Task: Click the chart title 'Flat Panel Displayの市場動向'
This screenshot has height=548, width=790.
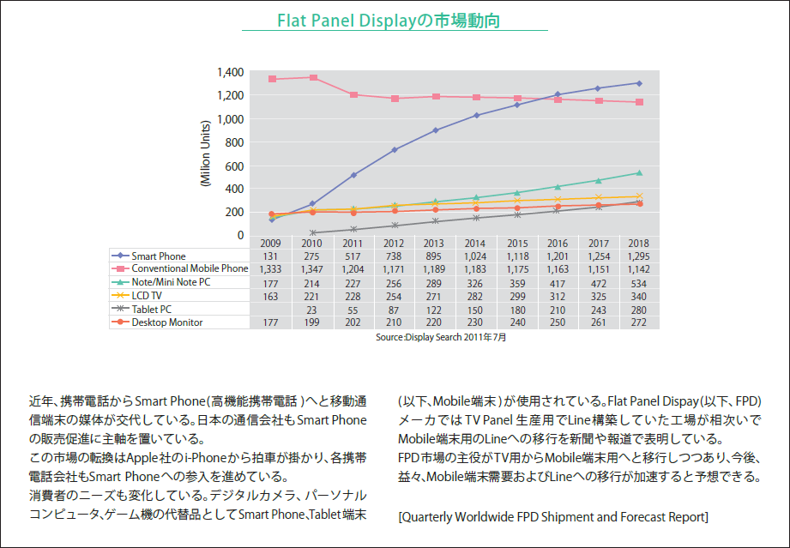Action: [395, 19]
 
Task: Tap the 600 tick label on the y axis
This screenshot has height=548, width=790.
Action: [232, 166]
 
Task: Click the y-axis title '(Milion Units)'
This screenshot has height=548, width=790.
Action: [206, 154]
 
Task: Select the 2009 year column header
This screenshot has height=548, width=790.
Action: [270, 244]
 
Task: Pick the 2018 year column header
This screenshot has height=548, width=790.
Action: [638, 244]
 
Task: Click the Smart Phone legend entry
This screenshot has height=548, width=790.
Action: [159, 256]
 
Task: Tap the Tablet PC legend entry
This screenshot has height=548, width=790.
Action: [154, 309]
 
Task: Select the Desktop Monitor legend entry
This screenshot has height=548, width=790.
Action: [167, 322]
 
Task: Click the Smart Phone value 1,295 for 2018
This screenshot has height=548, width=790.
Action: [638, 256]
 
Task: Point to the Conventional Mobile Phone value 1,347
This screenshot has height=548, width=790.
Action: [312, 268]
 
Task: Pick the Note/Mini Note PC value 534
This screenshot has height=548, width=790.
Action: [638, 282]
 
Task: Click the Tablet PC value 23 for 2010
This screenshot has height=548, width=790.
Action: [312, 309]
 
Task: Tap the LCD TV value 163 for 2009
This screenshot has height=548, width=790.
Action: [270, 296]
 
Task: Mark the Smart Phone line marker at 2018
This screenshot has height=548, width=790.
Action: [638, 83]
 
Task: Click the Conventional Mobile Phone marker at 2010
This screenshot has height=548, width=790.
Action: [313, 78]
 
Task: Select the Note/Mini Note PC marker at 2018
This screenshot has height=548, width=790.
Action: [638, 173]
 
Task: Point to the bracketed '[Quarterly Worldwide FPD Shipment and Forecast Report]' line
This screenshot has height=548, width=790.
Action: [553, 516]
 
